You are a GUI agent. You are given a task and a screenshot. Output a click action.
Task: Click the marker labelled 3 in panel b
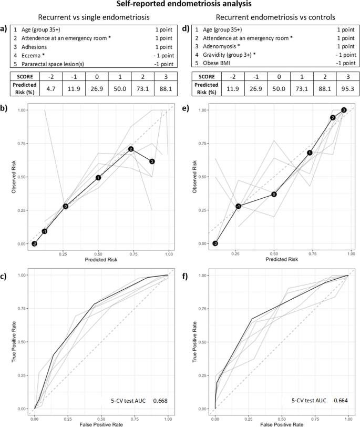point(152,161)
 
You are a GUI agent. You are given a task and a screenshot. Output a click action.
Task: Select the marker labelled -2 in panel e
point(215,243)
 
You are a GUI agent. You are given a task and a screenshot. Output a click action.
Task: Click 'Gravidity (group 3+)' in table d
point(222,56)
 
